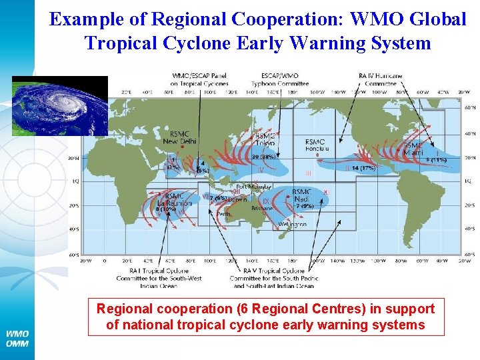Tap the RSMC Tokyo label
(263, 141)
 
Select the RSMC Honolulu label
(316, 145)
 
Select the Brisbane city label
(261, 208)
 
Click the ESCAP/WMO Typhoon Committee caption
(280, 80)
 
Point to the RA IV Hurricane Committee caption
(381, 80)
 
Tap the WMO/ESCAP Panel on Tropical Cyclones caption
(199, 80)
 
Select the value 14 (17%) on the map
(363, 168)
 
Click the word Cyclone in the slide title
(190, 43)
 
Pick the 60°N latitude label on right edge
(470, 107)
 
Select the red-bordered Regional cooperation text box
(265, 317)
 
